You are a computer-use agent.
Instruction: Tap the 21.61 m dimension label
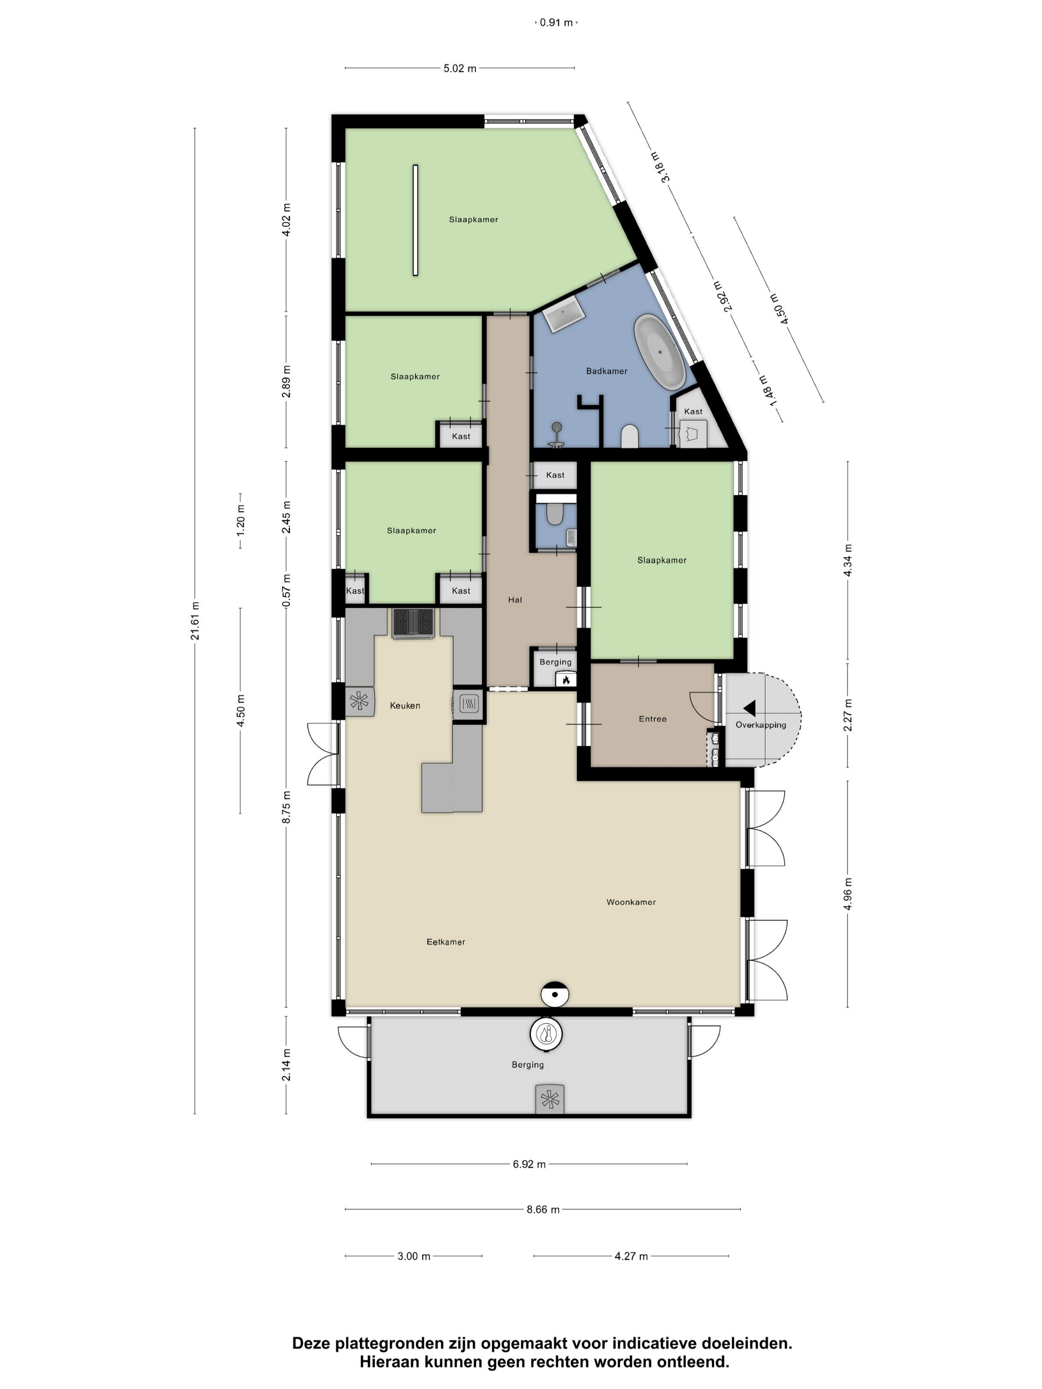pos(195,621)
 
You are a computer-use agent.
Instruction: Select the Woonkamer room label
pos(631,902)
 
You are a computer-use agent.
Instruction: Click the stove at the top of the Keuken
pos(413,624)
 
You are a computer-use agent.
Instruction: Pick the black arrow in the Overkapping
pos(749,708)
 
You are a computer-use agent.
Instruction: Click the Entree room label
pos(652,719)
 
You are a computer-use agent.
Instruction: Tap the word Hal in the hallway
pos(515,600)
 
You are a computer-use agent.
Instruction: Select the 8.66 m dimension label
pos(543,1209)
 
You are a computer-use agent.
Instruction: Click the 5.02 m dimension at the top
pos(460,68)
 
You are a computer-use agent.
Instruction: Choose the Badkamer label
pos(607,371)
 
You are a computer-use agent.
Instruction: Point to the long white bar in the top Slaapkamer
pos(415,220)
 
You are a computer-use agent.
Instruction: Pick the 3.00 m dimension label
pos(414,1257)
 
